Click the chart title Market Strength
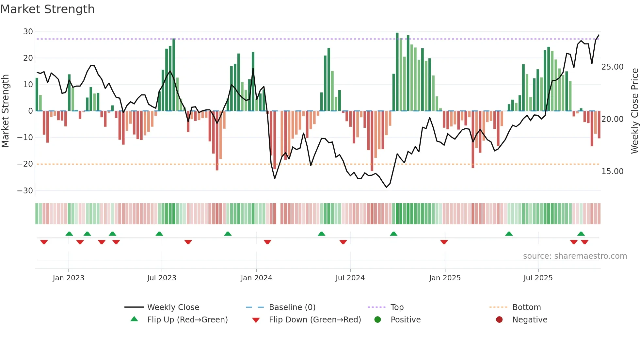tap(47, 9)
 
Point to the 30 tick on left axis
tap(28, 32)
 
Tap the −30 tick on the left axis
tap(25, 191)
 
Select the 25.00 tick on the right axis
tap(612, 67)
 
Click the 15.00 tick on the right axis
tap(612, 172)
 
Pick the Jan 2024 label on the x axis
tap(256, 278)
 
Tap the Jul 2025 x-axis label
tap(538, 278)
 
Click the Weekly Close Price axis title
tap(634, 111)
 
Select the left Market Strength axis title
tap(5, 111)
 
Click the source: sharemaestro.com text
tap(575, 256)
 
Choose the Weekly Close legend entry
tap(173, 307)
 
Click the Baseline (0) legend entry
tap(292, 307)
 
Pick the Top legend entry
tap(397, 307)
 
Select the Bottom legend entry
tap(526, 307)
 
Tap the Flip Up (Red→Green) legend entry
tap(187, 320)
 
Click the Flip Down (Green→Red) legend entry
tap(315, 320)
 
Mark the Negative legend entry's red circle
tap(499, 320)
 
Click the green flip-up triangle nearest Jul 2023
tap(159, 234)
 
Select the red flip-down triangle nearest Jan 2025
tap(444, 242)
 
